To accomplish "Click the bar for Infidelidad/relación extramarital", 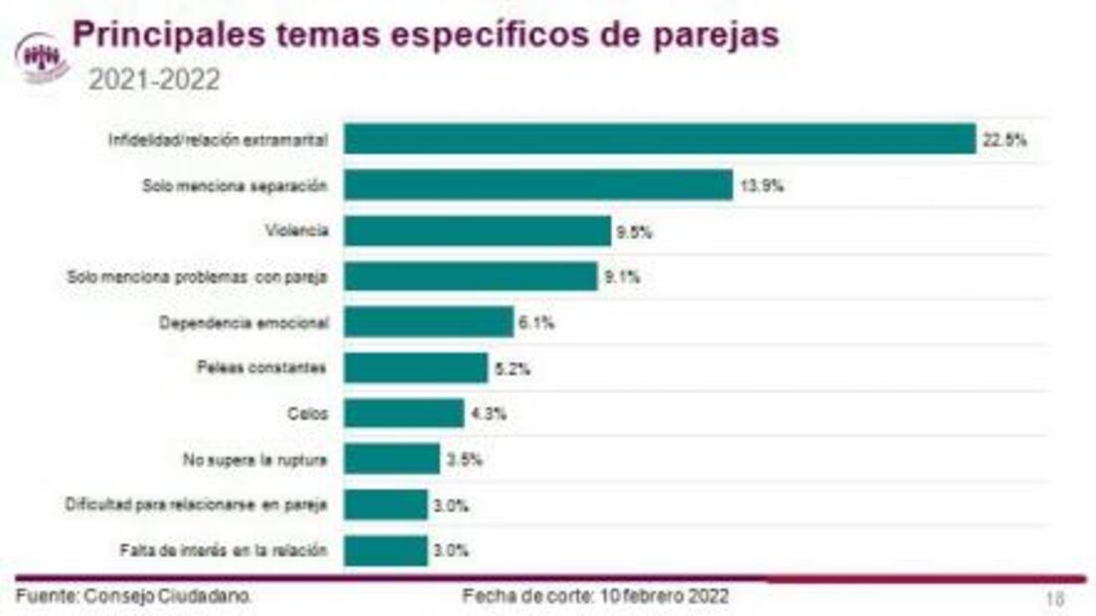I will coord(659,139).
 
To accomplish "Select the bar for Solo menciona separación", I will coord(538,185).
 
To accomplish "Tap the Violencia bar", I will coord(477,231).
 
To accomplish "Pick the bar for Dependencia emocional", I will coord(428,322).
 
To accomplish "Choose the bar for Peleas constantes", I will coord(415,368).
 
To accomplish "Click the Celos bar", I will coord(403,413).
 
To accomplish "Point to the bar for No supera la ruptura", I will coord(391,459).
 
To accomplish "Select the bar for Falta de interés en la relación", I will coord(386,550).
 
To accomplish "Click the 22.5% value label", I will coord(1004,140).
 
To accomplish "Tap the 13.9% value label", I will coord(760,186).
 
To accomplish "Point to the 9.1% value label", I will coord(621,277).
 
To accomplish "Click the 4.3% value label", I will coord(488,414).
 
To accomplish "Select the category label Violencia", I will coord(296,231).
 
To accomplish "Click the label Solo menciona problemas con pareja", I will coord(197,277).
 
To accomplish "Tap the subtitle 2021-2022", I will coord(154,80).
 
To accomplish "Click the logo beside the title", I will coord(43,58).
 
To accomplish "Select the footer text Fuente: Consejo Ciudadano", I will coord(134,596).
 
